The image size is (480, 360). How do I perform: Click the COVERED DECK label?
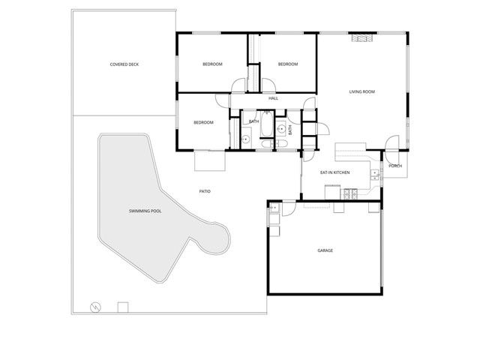pyautogui.click(x=124, y=64)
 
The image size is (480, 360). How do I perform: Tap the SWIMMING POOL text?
pyautogui.click(x=145, y=211)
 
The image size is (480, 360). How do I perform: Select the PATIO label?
pyautogui.click(x=204, y=191)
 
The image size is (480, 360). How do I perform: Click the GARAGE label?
pyautogui.click(x=325, y=250)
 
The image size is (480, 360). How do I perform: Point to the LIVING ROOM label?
pyautogui.click(x=361, y=92)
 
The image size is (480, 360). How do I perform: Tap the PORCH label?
pyautogui.click(x=395, y=166)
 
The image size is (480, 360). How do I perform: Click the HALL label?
pyautogui.click(x=273, y=98)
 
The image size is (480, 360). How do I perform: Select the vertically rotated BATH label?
pyautogui.click(x=289, y=129)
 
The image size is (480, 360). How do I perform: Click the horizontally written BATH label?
pyautogui.click(x=254, y=121)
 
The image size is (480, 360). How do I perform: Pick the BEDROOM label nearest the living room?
pyautogui.click(x=288, y=64)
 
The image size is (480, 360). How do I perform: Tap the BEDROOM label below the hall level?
pyautogui.click(x=203, y=123)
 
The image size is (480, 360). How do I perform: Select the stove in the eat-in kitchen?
pyautogui.click(x=349, y=194)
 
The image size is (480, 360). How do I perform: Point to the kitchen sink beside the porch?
pyautogui.click(x=374, y=175)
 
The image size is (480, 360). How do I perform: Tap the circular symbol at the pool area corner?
pyautogui.click(x=94, y=307)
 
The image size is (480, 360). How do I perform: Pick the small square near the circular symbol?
pyautogui.click(x=122, y=307)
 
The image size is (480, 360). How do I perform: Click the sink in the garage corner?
pyautogui.click(x=274, y=207)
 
